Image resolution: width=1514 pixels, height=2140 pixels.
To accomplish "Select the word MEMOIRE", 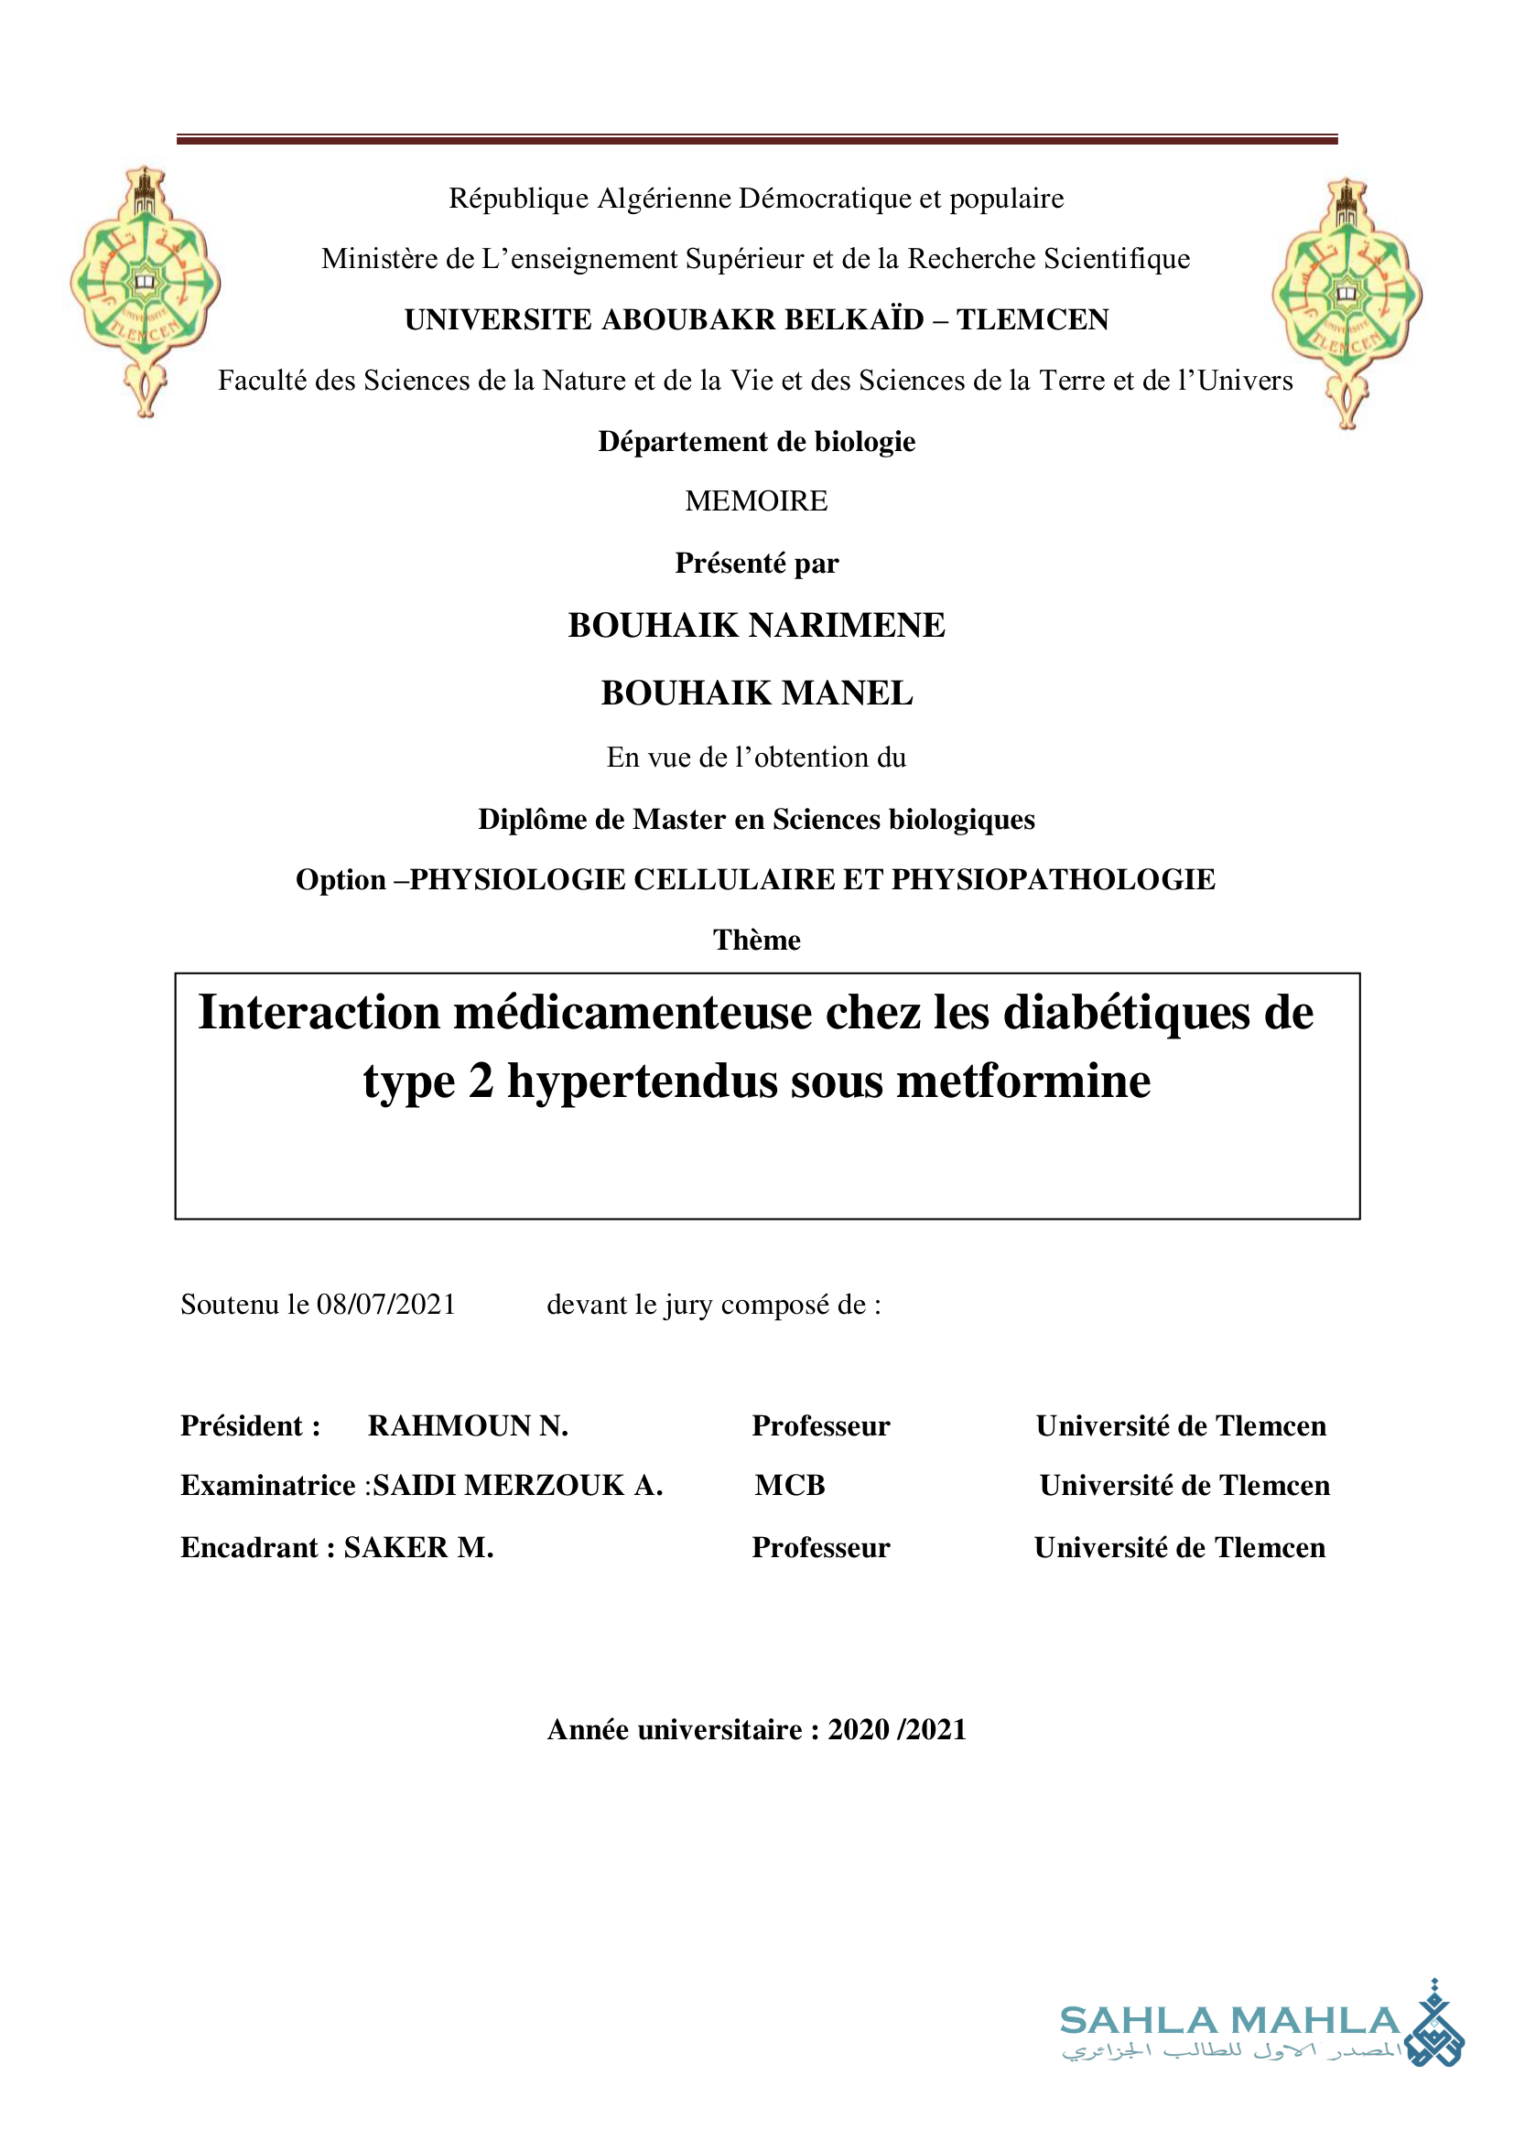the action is [756, 501].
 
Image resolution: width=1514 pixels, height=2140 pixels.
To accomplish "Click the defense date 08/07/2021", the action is [386, 1305].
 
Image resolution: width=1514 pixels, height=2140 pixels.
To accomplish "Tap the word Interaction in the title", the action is [319, 1013].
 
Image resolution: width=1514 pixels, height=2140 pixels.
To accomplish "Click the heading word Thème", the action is [756, 941].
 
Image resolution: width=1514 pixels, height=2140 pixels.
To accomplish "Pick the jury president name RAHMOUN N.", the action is [468, 1426].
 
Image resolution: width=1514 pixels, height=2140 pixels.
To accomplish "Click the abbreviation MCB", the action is [790, 1486].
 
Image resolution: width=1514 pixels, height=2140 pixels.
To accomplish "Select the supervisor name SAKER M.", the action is [418, 1547].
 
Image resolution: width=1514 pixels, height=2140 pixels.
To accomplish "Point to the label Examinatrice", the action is [267, 1486].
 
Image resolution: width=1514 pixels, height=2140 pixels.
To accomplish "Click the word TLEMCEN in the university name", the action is [1033, 319].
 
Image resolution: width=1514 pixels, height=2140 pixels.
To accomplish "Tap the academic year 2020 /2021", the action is [897, 1730].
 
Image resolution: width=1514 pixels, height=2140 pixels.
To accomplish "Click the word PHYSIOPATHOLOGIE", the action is [1054, 880].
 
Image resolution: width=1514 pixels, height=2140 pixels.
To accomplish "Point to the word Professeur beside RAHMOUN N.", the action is [820, 1426].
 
